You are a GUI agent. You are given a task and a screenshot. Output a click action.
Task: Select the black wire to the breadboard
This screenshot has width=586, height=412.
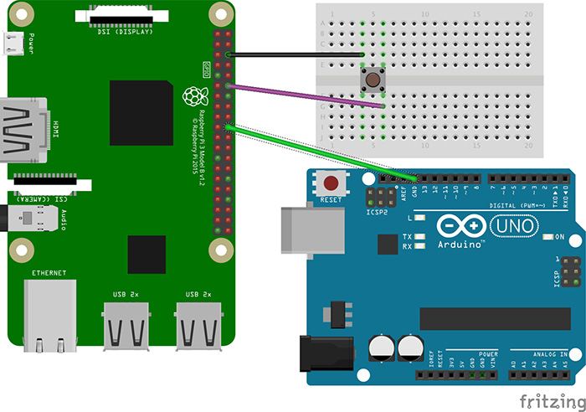(x=293, y=55)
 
